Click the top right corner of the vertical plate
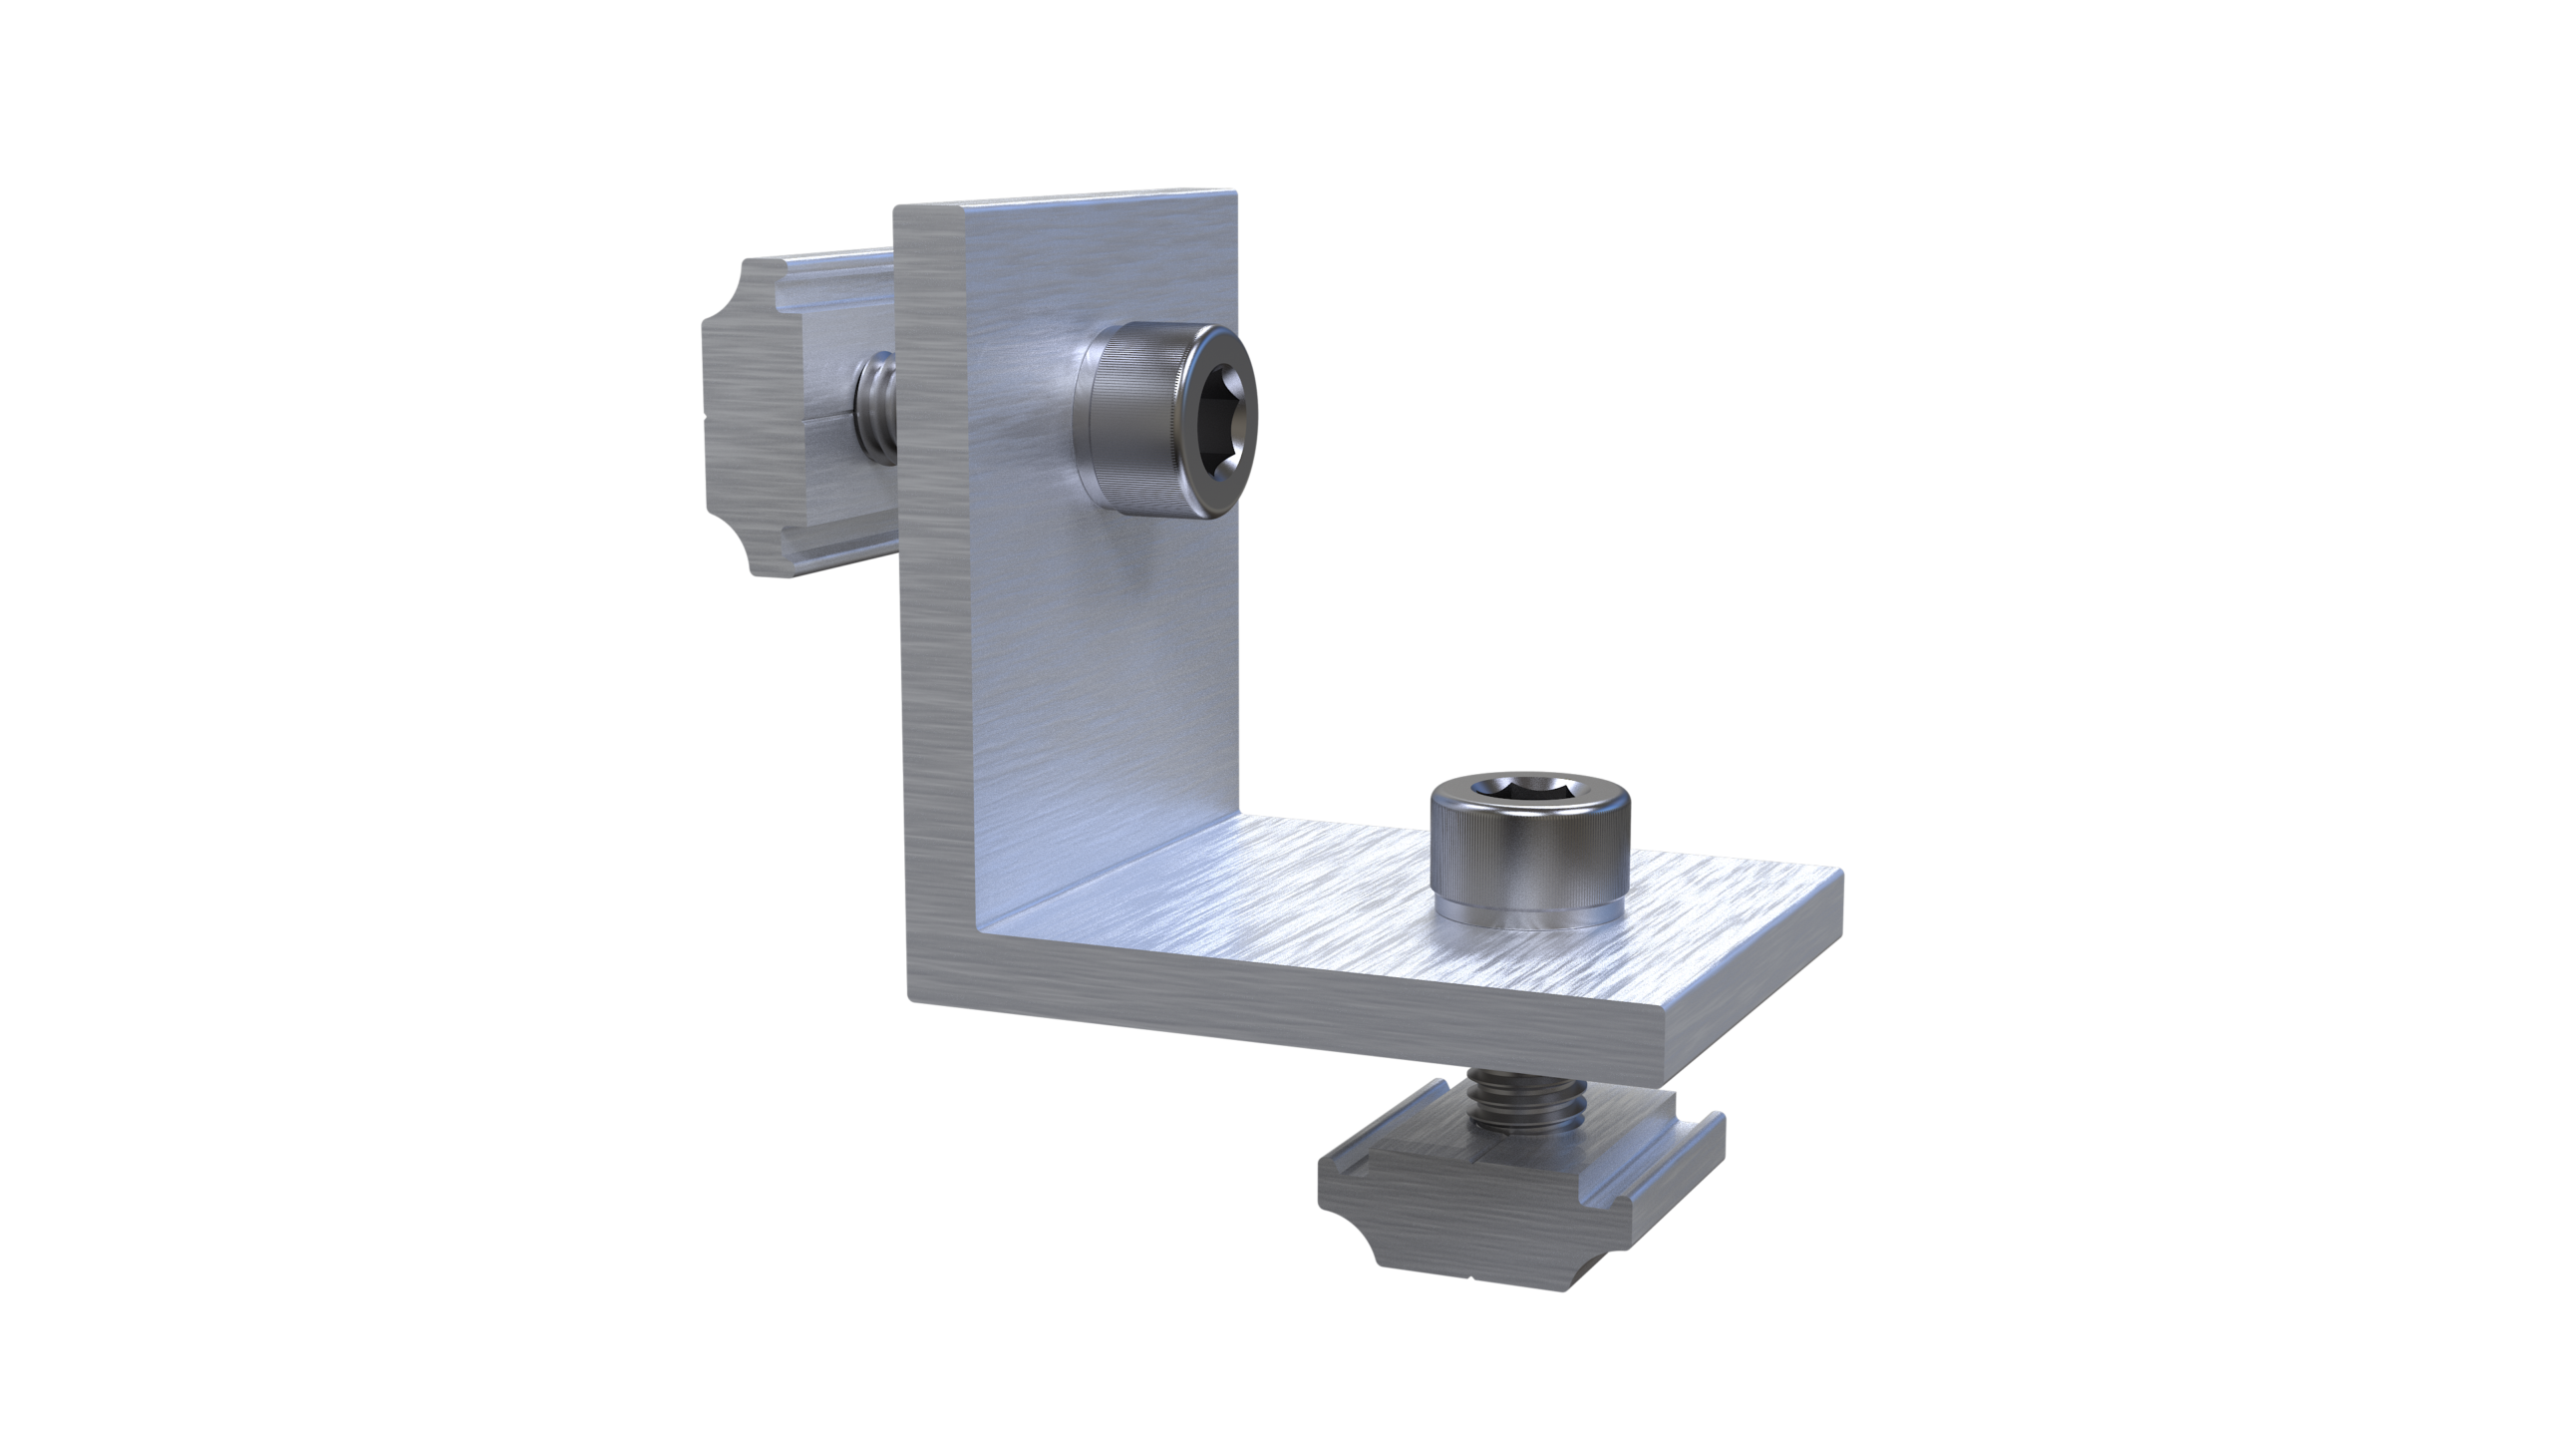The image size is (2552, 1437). click(1234, 189)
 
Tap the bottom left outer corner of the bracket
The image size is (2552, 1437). click(909, 997)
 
